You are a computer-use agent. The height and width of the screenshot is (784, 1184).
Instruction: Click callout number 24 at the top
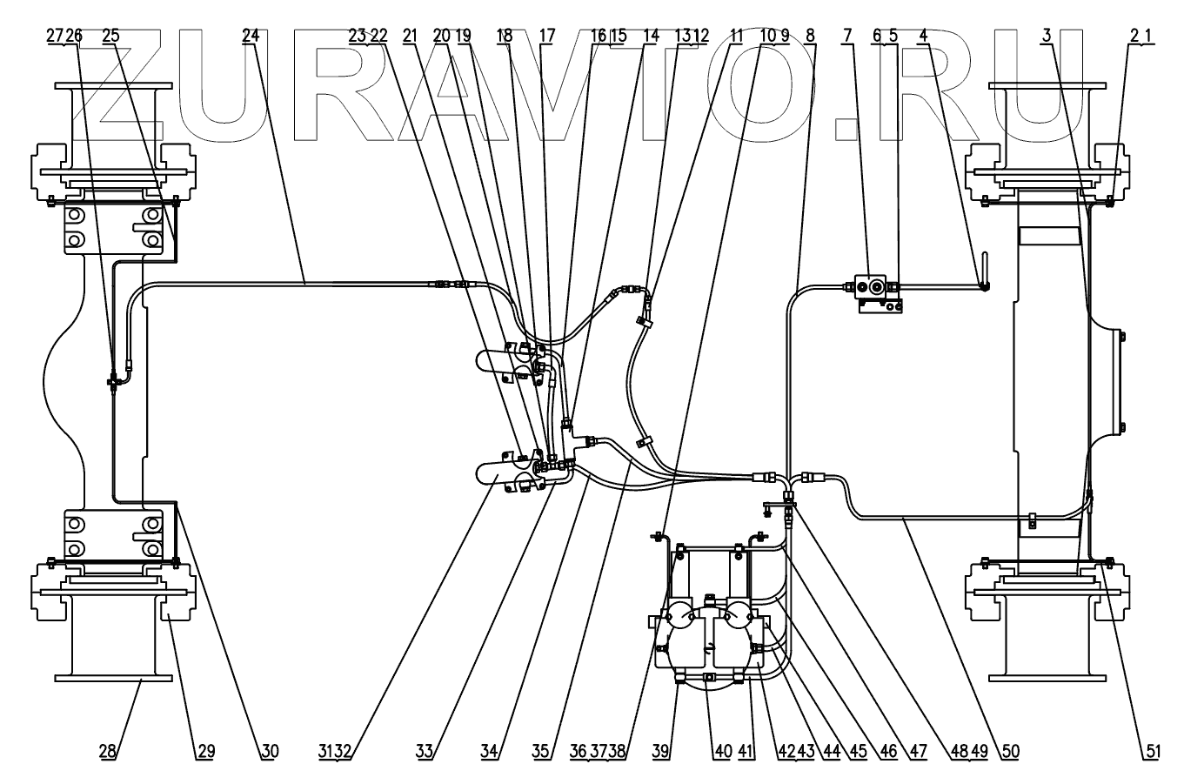251,36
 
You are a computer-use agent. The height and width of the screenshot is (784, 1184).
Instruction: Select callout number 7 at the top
848,36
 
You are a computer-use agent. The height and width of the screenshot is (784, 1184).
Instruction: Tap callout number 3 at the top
1047,36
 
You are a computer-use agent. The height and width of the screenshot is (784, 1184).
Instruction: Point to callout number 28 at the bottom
107,751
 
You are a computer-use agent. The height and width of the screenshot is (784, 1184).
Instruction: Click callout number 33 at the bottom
425,751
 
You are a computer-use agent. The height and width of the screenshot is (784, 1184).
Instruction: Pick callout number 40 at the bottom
723,751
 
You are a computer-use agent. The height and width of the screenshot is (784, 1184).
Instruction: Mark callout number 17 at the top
547,36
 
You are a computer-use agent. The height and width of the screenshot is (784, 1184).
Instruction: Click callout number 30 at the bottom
270,751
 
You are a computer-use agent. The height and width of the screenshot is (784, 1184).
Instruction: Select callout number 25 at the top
111,36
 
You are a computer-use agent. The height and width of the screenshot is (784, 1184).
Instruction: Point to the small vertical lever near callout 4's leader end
984,271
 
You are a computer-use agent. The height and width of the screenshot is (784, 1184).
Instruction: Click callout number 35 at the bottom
541,751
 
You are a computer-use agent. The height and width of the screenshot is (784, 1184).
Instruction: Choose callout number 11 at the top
736,36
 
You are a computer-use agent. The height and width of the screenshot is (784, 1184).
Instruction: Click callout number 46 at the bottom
888,751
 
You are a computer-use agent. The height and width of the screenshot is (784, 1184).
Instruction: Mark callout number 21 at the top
410,36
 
